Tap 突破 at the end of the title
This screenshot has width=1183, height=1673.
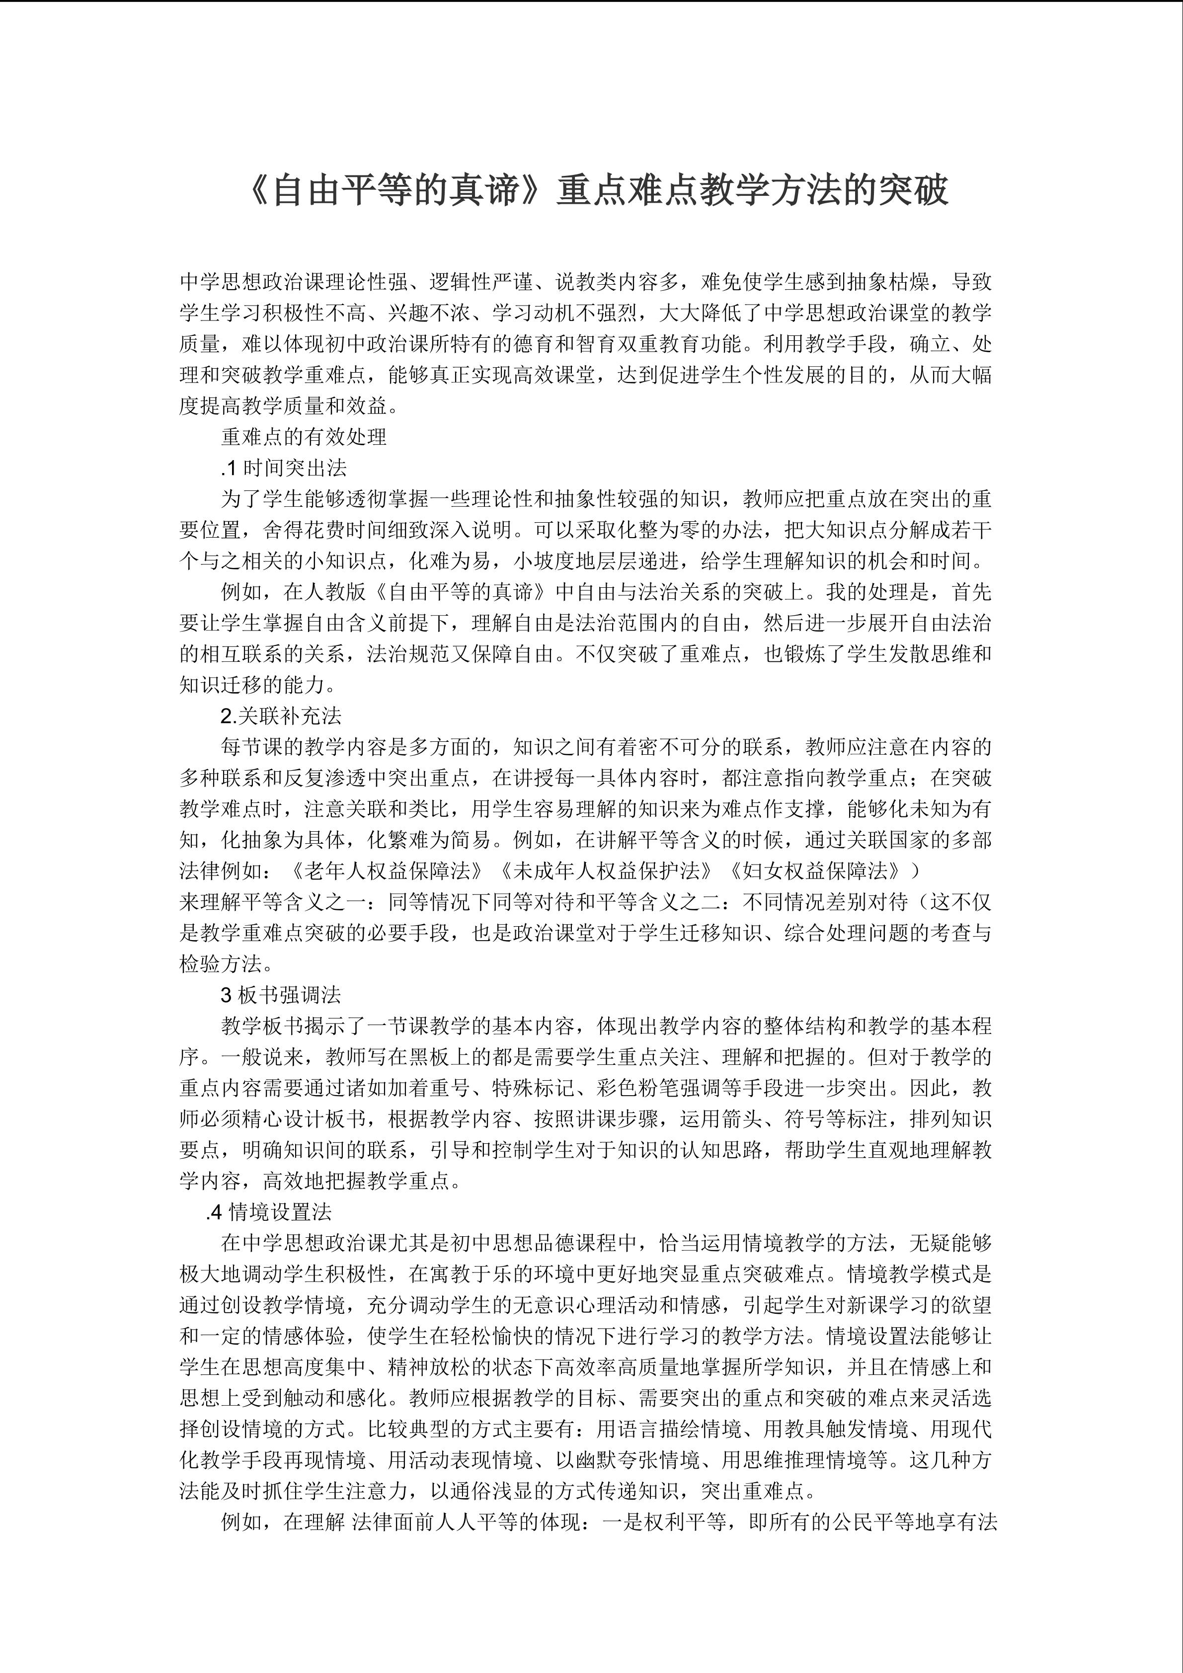click(914, 191)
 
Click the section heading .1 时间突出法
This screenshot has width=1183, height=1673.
click(284, 468)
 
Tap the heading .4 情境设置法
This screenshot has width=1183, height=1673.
click(269, 1212)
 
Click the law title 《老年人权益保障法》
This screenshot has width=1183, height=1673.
click(386, 872)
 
